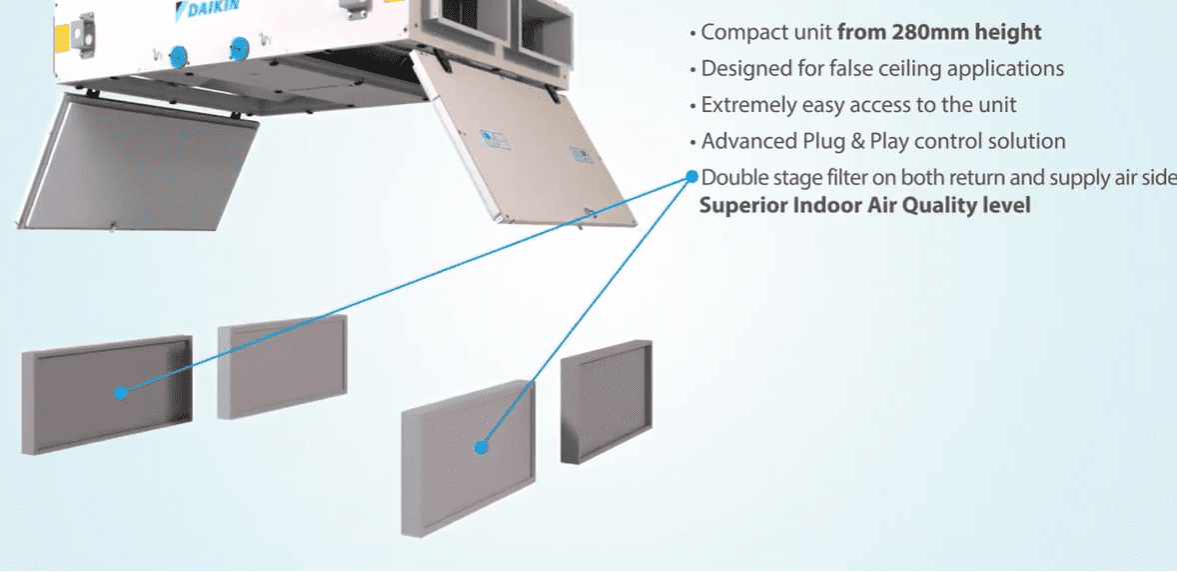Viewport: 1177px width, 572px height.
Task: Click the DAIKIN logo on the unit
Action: click(x=207, y=11)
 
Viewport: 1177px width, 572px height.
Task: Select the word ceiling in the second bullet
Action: click(x=906, y=69)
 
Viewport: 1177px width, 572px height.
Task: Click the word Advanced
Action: click(x=741, y=142)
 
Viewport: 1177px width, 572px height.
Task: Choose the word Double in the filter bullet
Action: click(x=731, y=178)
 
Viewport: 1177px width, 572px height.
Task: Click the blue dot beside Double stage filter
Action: click(x=691, y=177)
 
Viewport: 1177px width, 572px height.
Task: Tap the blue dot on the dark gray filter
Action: click(x=120, y=393)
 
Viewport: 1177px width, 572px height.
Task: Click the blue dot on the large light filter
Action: click(x=481, y=448)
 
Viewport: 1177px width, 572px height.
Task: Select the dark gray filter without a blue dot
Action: click(x=605, y=401)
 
